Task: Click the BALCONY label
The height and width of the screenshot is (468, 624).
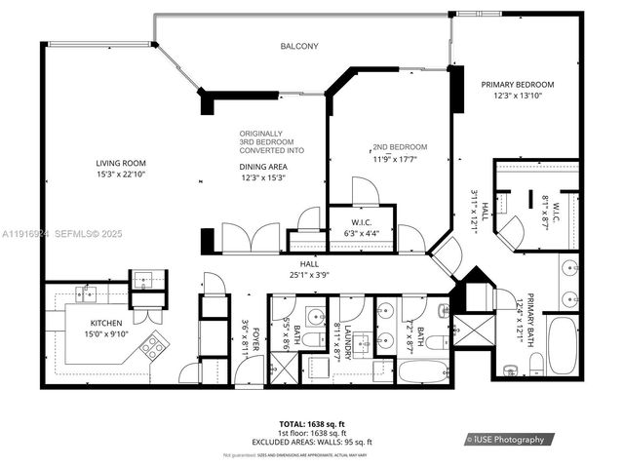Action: (x=299, y=46)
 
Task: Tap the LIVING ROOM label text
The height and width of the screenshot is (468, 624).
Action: (x=120, y=163)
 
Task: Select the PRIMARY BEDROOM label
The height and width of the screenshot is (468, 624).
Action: (x=517, y=85)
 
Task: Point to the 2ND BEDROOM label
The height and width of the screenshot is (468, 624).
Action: (x=400, y=147)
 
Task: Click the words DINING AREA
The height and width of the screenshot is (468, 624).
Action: (x=264, y=167)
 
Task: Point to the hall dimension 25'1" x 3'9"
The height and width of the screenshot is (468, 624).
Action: (x=308, y=274)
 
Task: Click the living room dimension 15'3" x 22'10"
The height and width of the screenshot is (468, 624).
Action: (x=120, y=174)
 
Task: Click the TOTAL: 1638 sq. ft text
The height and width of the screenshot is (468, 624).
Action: (x=312, y=424)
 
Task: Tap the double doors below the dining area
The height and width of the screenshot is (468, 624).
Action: (x=251, y=239)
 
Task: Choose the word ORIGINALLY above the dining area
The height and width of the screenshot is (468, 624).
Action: (x=260, y=133)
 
